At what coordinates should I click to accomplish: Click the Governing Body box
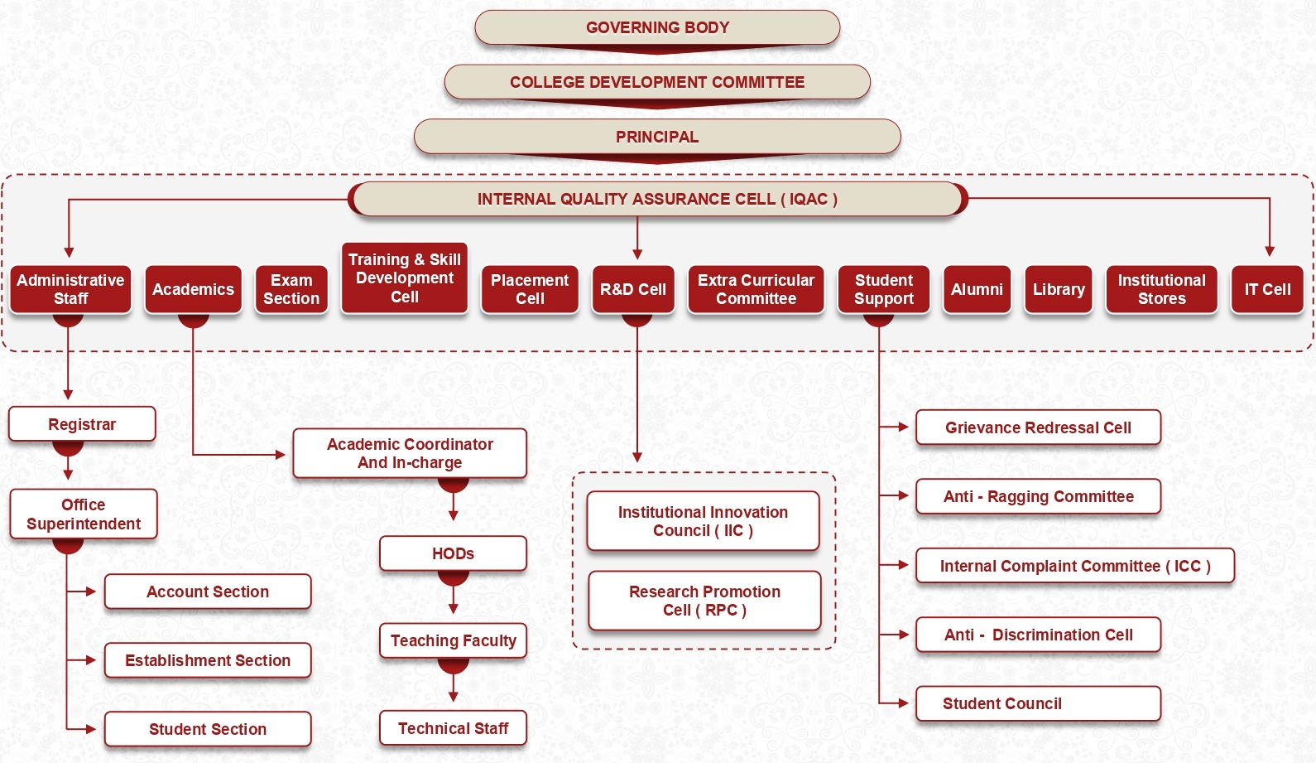[x=657, y=27]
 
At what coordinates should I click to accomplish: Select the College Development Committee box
[x=657, y=82]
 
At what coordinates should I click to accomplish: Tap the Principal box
[x=657, y=137]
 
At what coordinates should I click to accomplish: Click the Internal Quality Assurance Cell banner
[x=657, y=199]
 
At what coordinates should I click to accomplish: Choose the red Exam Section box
[x=291, y=289]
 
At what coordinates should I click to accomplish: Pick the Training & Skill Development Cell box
[x=405, y=278]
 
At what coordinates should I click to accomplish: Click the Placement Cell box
[x=530, y=289]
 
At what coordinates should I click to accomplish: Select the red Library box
[x=1059, y=289]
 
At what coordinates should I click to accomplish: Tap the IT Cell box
[x=1267, y=289]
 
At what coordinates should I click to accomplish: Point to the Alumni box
[x=977, y=289]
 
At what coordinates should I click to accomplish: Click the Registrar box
[x=82, y=424]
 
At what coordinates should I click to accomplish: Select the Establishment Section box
[x=208, y=660]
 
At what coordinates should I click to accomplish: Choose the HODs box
[x=453, y=553]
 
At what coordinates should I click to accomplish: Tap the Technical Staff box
[x=453, y=728]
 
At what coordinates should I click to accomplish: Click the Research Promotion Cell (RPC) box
[x=704, y=601]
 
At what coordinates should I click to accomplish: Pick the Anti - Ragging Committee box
[x=1038, y=496]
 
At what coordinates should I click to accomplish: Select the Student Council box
[x=1038, y=703]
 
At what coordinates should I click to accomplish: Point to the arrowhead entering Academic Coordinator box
[x=281, y=454]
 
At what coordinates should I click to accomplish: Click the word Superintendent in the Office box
[x=84, y=524]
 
